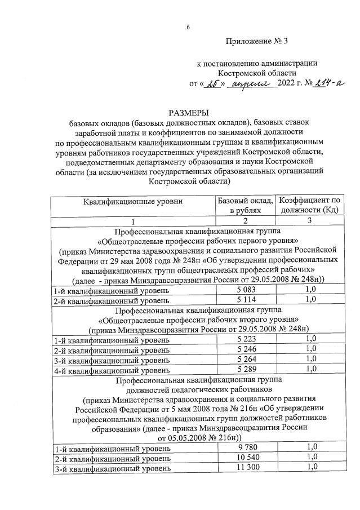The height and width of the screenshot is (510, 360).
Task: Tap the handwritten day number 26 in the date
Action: [x=212, y=85]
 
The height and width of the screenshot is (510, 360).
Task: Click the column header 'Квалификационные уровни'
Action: [x=134, y=201]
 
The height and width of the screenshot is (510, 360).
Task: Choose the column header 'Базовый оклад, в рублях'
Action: [x=245, y=206]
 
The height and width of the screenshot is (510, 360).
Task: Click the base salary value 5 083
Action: [x=246, y=290]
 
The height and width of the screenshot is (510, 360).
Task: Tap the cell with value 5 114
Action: [x=246, y=300]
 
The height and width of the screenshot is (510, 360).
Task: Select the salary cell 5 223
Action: [x=246, y=339]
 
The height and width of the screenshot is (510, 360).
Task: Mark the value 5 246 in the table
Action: [x=246, y=349]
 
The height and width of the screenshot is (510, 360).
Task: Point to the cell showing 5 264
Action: [x=246, y=360]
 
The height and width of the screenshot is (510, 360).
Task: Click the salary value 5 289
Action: [x=246, y=370]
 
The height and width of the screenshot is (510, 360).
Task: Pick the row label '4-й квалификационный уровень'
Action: [x=111, y=370]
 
